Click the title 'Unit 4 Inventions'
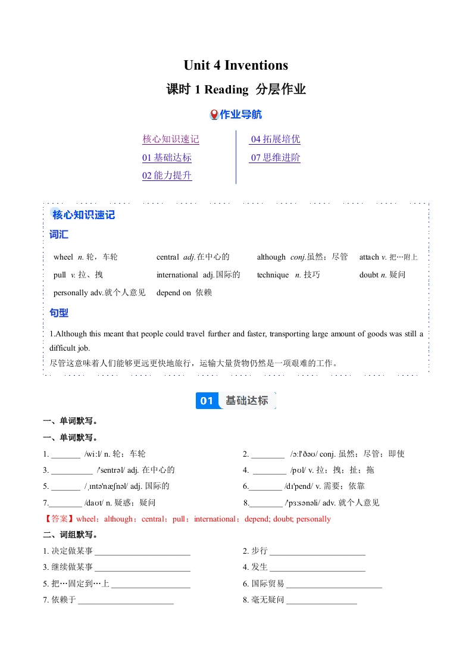coord(236,65)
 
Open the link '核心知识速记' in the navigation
coord(170,139)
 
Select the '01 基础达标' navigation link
coord(167,158)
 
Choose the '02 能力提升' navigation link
coord(167,176)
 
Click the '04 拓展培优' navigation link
coord(275,139)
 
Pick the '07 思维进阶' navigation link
coord(275,158)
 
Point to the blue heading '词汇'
coord(59,235)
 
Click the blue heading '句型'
coord(59,313)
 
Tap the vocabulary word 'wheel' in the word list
coord(63,257)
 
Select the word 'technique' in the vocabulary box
coord(273,275)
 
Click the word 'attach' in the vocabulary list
coord(369,257)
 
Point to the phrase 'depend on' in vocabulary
coord(174,293)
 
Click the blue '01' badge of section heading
coord(206,401)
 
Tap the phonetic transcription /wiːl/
coord(93,454)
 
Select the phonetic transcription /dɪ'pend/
coord(300,486)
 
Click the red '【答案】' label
coord(60,519)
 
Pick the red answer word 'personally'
coord(314,519)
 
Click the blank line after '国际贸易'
coord(334,584)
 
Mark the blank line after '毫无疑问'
coord(321,600)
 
